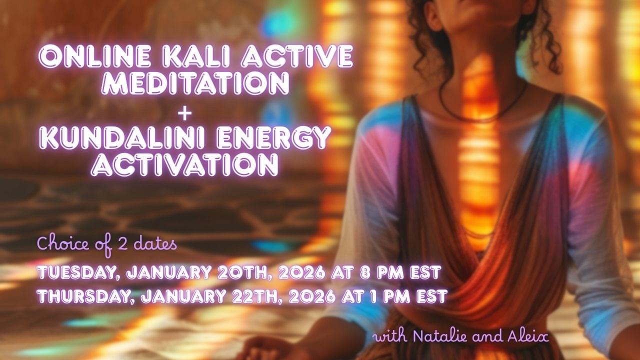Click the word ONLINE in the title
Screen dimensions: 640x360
[95, 56]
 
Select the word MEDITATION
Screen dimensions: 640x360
[195, 83]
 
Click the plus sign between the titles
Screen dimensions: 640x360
[184, 114]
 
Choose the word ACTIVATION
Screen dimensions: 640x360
[184, 164]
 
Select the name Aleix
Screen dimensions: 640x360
[528, 336]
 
